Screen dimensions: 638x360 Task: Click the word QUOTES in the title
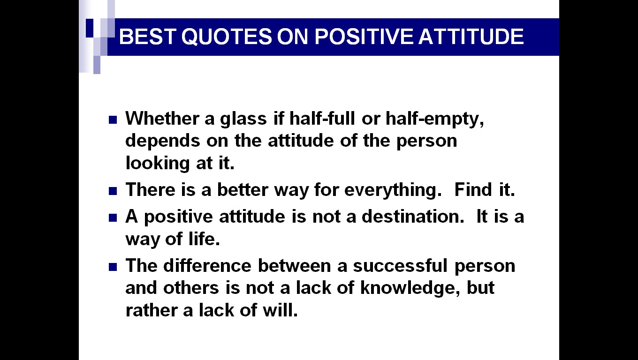click(x=227, y=37)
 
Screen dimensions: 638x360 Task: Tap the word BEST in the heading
click(x=147, y=37)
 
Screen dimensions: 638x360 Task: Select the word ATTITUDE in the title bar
click(x=471, y=37)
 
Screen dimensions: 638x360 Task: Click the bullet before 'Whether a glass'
click(x=113, y=120)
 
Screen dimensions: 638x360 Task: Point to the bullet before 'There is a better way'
click(x=113, y=191)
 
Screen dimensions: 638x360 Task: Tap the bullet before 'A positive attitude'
click(x=113, y=217)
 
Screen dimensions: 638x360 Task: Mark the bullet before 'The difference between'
click(x=113, y=267)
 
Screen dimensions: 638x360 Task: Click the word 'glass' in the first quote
click(x=243, y=120)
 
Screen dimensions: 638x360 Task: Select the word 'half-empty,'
click(x=434, y=120)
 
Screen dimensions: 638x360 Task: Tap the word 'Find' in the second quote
click(x=473, y=189)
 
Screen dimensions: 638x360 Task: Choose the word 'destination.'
click(x=413, y=217)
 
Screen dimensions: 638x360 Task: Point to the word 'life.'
click(x=204, y=239)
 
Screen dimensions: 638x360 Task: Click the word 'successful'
click(x=400, y=265)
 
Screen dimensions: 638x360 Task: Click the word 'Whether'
click(x=162, y=119)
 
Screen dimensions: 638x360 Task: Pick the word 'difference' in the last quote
click(x=207, y=265)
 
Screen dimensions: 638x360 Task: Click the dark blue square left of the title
click(x=90, y=28)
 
